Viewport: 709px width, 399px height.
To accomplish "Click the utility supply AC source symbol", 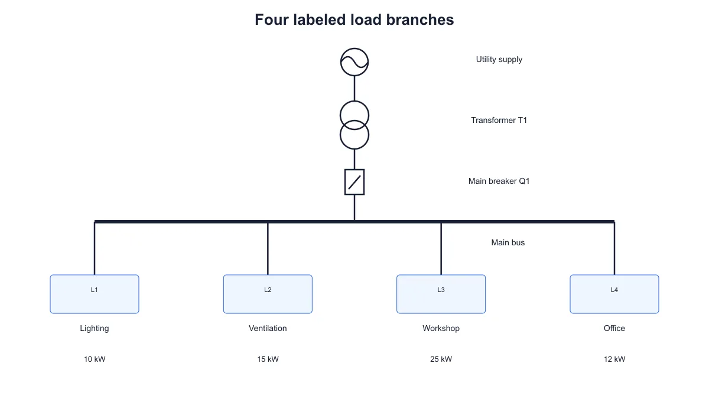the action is (x=354, y=62).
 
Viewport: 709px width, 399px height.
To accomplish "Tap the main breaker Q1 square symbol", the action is (x=354, y=182).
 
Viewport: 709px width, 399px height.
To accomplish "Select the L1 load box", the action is (x=95, y=294).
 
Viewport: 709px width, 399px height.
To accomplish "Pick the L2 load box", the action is (x=268, y=294).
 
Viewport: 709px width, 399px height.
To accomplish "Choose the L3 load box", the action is (x=441, y=294).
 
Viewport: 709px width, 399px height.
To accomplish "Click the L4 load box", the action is (x=614, y=294).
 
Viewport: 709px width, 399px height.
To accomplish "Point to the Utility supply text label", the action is (x=499, y=60).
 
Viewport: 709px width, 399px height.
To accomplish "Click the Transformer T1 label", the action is (x=499, y=121).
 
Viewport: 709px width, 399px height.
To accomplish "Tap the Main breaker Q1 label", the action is (x=499, y=181).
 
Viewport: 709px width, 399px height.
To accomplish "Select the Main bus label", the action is (x=508, y=242).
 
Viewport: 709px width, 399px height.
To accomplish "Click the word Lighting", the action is (x=95, y=329).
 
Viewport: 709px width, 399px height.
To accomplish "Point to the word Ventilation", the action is (x=268, y=329).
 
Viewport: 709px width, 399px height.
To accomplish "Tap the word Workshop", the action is (x=441, y=329).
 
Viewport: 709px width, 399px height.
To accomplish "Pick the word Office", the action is (x=614, y=329).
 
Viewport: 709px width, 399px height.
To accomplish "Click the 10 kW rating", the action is (x=95, y=359).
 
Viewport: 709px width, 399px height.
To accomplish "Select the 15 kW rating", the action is (x=268, y=359).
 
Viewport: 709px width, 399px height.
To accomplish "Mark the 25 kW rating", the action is (x=441, y=359).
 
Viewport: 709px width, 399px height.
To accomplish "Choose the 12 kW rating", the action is (x=614, y=359).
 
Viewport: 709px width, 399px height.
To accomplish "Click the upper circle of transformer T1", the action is (x=354, y=101).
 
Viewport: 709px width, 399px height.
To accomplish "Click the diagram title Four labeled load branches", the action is (x=354, y=20).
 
